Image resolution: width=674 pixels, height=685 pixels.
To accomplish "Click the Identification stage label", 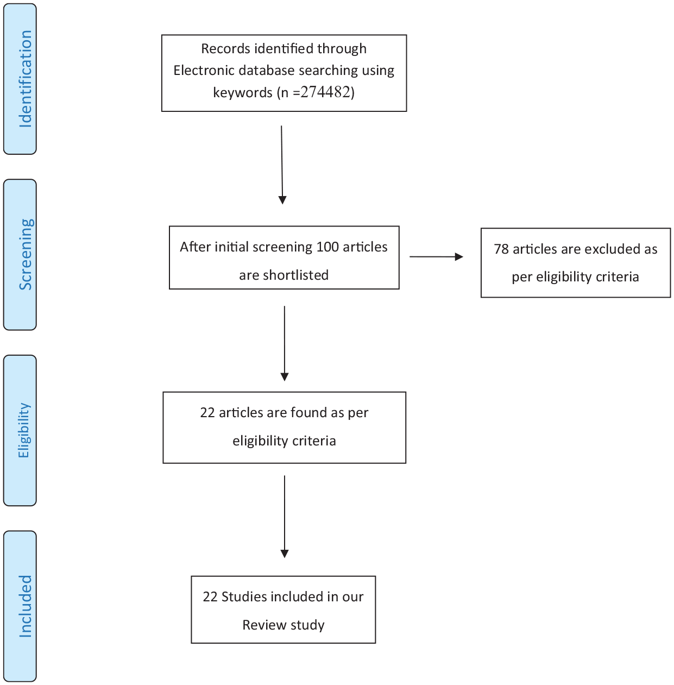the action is pos(26,79).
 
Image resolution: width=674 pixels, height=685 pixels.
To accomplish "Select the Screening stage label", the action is pos(26,255).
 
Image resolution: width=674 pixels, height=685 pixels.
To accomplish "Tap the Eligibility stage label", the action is pos(24,430).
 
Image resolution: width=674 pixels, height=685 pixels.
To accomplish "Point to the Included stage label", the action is pos(26,606).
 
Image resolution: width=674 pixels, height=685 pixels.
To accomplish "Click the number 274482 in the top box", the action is pos(325,92).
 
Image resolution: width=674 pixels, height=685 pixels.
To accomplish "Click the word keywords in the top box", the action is pos(242,92).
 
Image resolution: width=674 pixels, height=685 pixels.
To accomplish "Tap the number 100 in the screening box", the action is pos(327,247).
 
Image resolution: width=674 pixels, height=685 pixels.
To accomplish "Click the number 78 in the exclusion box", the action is pos(501,249).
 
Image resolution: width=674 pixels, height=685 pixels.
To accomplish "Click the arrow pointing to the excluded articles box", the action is pos(436,256).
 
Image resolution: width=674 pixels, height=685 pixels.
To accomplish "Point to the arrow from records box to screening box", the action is pos(282,165).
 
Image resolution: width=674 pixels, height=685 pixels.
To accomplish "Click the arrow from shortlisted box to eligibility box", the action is pos(285,343).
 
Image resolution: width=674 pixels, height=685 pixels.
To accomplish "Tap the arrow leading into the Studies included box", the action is pos(285,517).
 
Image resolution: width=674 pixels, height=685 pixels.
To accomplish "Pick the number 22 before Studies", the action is pos(210,597).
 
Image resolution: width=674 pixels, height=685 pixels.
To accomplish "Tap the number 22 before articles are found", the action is pos(207,413).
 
